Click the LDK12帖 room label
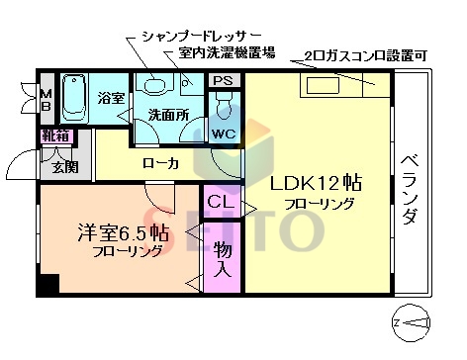tap(316, 183)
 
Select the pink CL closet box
tap(220, 203)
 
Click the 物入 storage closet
tap(224, 258)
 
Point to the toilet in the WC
tap(223, 102)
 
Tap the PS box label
tap(224, 81)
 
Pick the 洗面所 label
tap(168, 116)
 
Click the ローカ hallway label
tap(160, 163)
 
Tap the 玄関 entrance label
tap(53, 167)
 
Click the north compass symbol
tap(415, 320)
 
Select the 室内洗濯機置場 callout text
tap(227, 52)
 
